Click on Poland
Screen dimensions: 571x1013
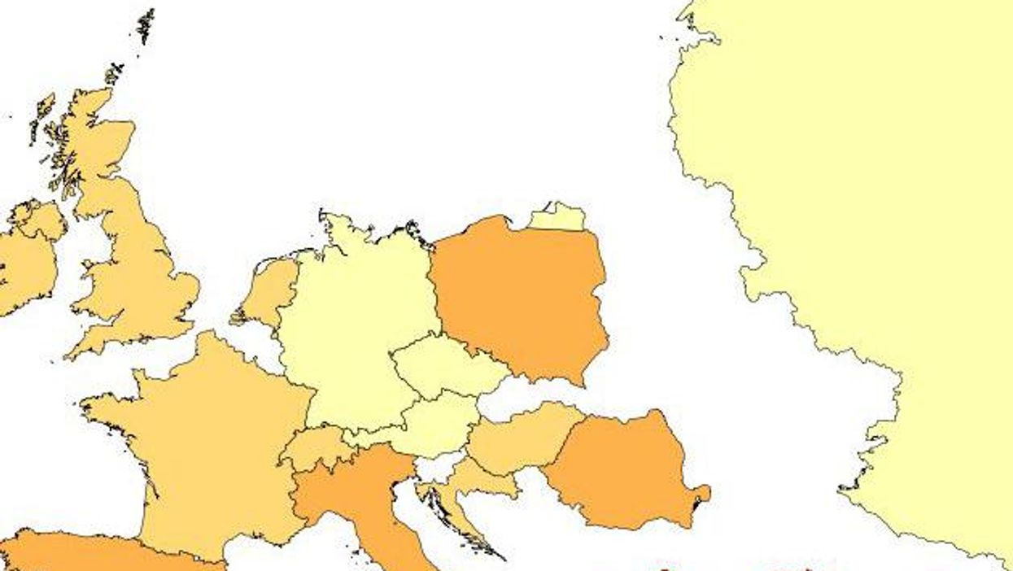[x=521, y=297]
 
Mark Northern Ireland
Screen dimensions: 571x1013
[x=41, y=220]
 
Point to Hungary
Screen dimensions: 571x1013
[x=521, y=439]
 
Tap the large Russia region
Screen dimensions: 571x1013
[x=879, y=203]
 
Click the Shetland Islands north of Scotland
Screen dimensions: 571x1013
[x=146, y=26]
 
